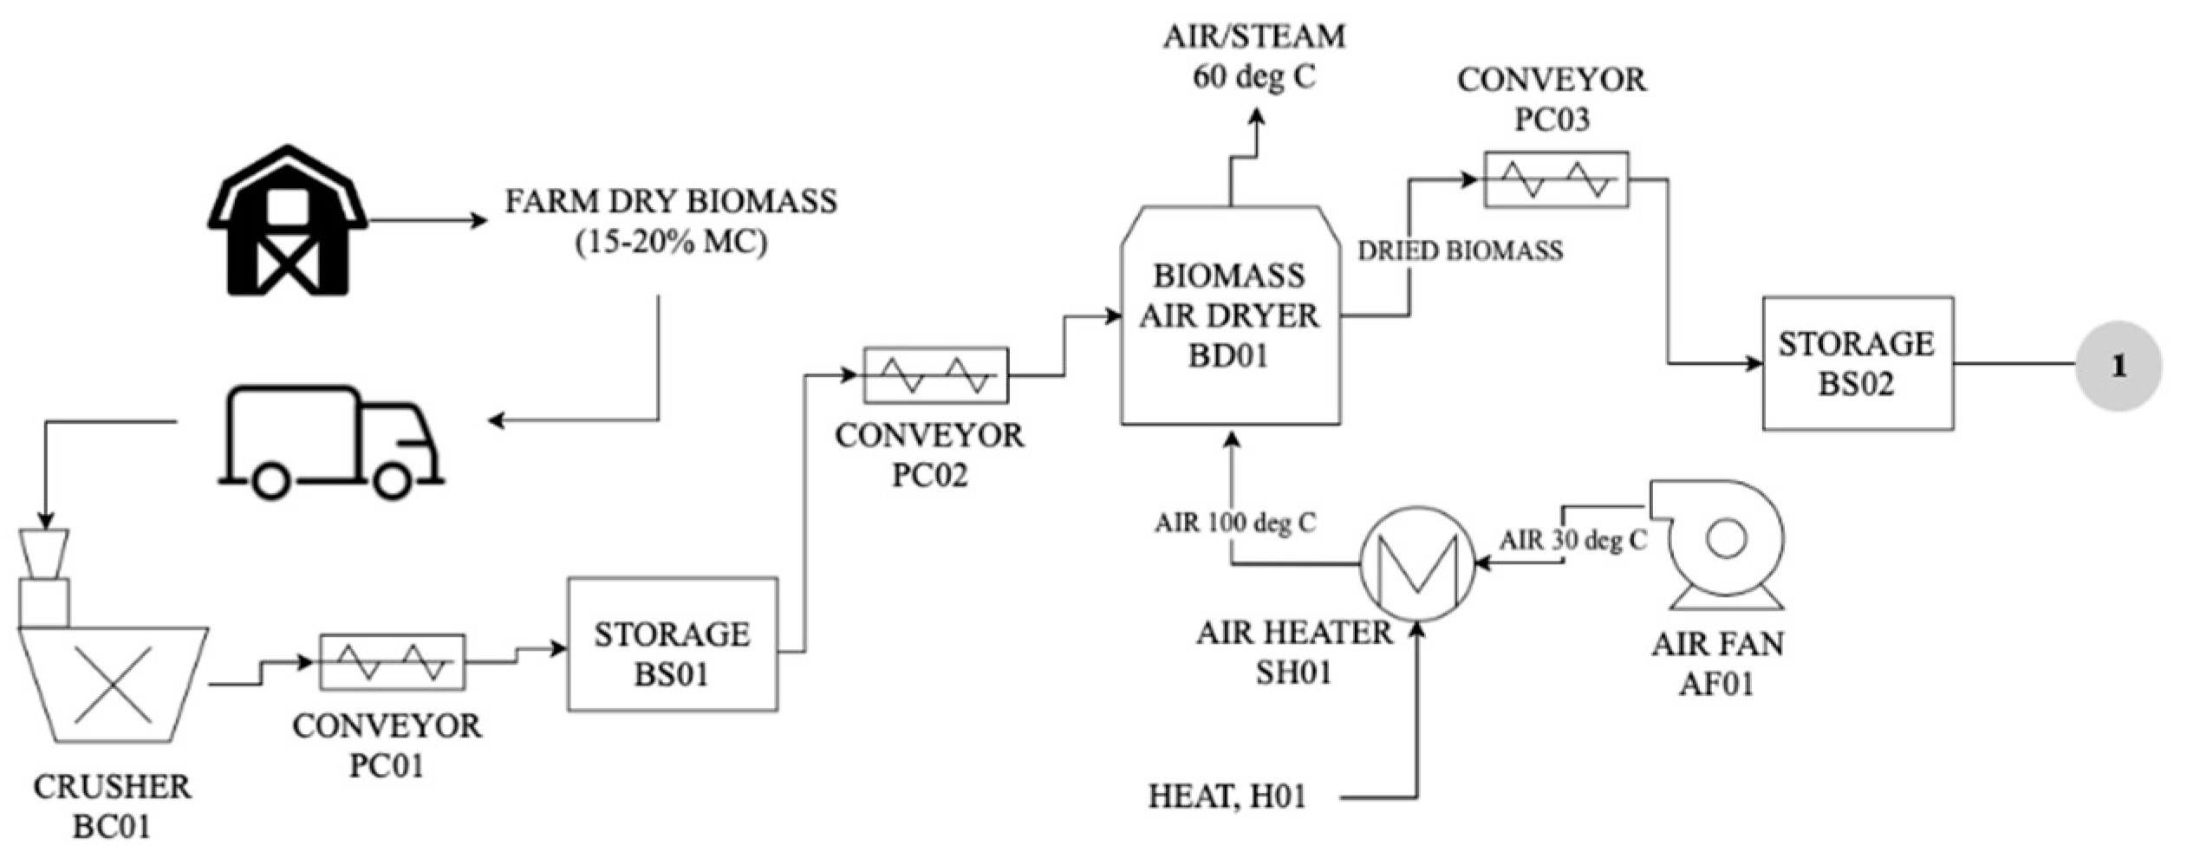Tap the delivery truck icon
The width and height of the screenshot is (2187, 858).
pos(329,442)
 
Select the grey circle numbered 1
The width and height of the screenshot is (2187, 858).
pos(2118,366)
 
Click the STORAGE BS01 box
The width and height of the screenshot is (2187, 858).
pos(673,644)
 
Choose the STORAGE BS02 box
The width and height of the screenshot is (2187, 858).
pos(1857,363)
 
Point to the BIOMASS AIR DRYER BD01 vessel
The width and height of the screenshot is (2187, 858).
pos(1229,316)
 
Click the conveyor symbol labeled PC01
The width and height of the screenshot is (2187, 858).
pos(392,662)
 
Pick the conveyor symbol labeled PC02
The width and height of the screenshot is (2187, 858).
pos(935,375)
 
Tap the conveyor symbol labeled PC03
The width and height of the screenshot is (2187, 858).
pos(1556,179)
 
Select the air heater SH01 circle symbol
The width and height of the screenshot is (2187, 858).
pos(1416,564)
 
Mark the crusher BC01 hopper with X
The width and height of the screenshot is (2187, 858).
pos(114,685)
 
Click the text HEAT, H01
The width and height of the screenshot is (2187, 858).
pos(1227,796)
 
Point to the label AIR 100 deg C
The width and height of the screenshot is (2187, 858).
pos(1234,523)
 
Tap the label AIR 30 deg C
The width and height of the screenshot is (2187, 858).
pos(1572,540)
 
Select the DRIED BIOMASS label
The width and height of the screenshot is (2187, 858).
pos(1460,251)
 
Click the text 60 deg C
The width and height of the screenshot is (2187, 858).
pos(1253,77)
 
